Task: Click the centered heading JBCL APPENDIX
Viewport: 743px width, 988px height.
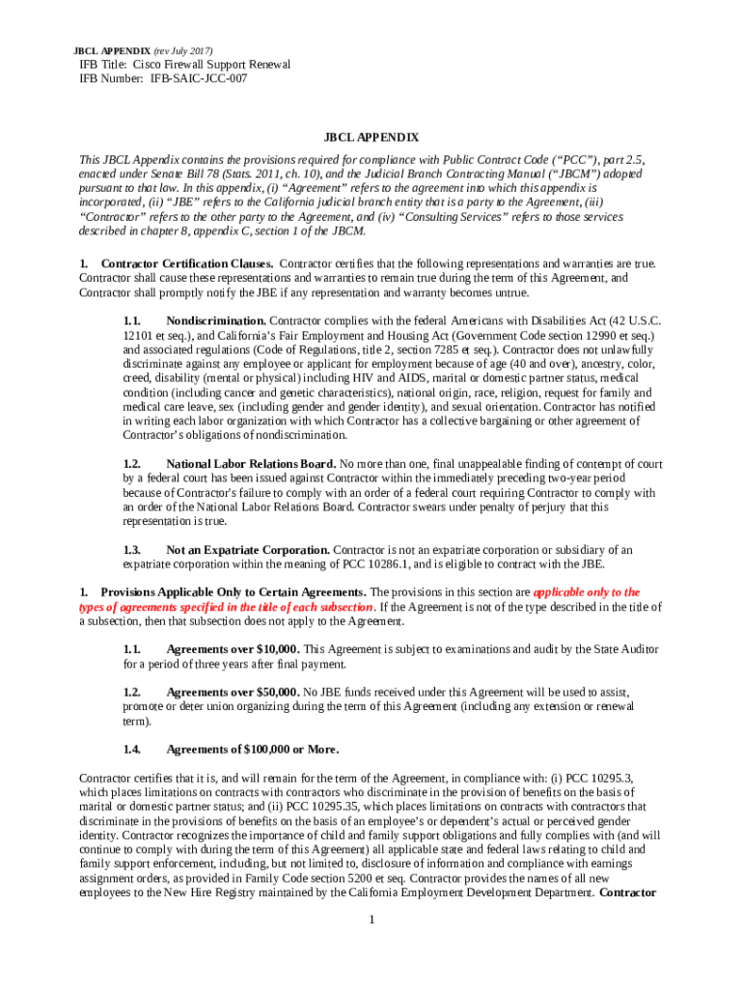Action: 371,139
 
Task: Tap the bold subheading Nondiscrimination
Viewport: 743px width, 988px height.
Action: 216,319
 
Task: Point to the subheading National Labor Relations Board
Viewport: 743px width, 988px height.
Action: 251,464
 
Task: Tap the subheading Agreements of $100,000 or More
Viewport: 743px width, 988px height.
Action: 253,750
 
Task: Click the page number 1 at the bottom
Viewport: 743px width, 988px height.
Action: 371,919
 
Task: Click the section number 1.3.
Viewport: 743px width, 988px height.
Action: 132,550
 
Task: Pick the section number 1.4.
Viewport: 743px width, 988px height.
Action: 132,750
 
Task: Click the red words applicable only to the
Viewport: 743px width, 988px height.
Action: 586,592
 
